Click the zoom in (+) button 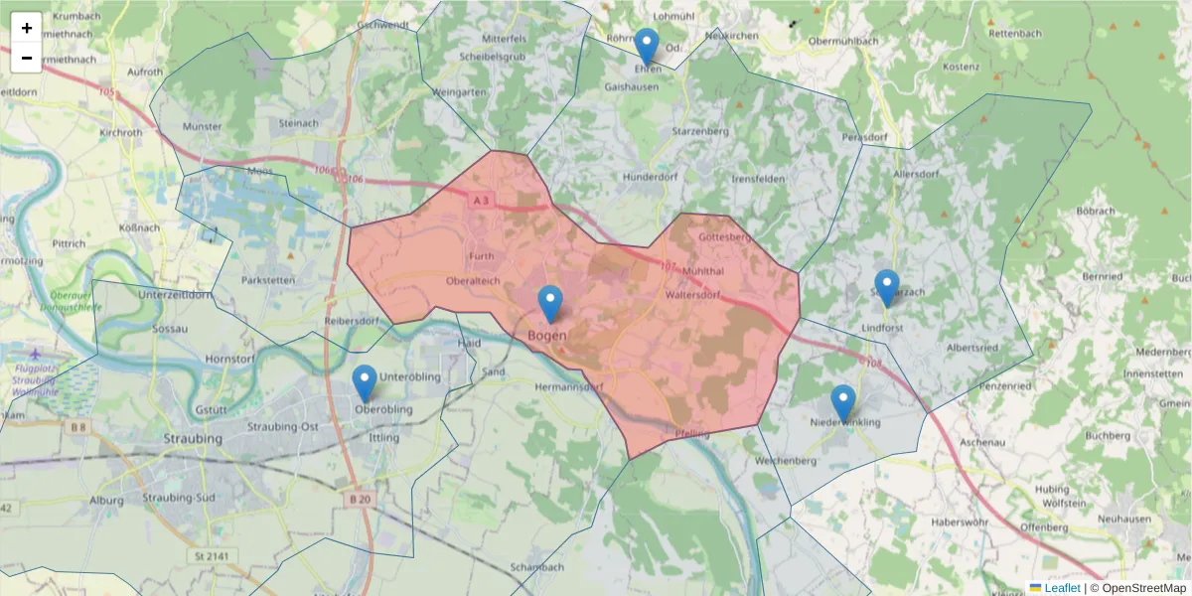[27, 28]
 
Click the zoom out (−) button [27, 58]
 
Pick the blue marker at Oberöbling [365, 383]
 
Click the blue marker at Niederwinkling [843, 403]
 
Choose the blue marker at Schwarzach [886, 288]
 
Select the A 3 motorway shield [482, 201]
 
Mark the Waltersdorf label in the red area [692, 295]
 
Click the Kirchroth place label [121, 132]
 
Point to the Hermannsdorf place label [569, 385]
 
